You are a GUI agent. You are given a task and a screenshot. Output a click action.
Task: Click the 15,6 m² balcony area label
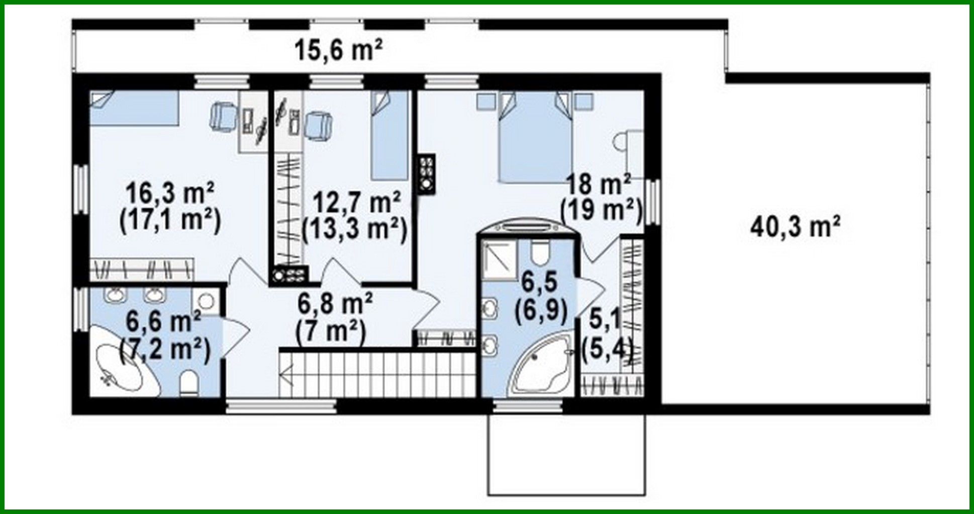click(x=338, y=50)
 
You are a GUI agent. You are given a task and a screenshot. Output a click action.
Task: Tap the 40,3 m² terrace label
click(x=795, y=227)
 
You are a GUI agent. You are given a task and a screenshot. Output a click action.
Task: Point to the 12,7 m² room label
click(x=357, y=202)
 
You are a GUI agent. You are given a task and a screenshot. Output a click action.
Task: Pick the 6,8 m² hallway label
click(x=335, y=304)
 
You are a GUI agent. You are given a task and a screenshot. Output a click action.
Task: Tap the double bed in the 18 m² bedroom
click(x=535, y=138)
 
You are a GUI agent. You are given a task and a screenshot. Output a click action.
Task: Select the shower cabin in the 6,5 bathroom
click(x=499, y=260)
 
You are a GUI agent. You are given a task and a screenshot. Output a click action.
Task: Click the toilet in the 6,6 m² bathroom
click(x=189, y=383)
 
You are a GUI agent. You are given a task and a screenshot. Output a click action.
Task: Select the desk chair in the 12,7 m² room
click(x=318, y=125)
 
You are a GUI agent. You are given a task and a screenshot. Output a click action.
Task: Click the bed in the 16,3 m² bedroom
click(x=134, y=108)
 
